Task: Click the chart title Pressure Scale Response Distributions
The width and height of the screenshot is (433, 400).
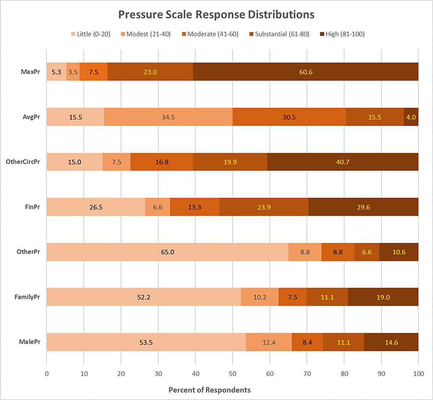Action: pos(216,14)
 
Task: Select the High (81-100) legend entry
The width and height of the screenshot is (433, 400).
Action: pos(344,34)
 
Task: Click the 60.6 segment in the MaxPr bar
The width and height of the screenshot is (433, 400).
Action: pos(306,72)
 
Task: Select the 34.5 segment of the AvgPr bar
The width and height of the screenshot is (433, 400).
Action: pos(168,117)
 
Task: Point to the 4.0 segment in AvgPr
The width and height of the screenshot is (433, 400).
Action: pos(411,117)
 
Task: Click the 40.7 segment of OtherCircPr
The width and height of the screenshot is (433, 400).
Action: pos(343,162)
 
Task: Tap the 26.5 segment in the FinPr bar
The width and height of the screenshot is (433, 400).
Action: pos(96,207)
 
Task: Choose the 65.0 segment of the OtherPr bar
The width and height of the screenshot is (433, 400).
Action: pos(167,252)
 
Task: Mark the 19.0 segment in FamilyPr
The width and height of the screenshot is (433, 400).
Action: pos(383,297)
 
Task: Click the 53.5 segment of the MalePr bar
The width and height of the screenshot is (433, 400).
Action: pos(146,342)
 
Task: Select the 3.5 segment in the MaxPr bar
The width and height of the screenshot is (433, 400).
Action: pos(73,72)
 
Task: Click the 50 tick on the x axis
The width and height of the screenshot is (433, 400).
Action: pos(232,373)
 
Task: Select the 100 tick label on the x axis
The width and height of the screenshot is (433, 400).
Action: pos(418,373)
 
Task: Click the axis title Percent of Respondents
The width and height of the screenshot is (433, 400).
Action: pos(209,389)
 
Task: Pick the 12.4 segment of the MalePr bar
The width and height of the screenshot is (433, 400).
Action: pos(268,342)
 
